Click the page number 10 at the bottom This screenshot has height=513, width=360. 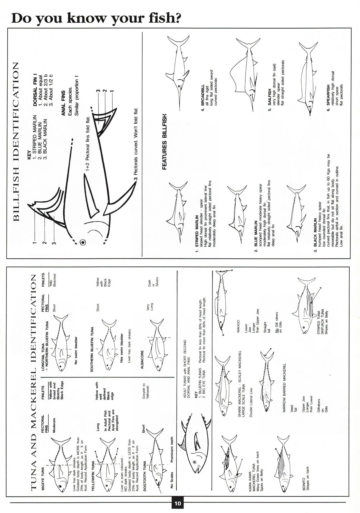177,503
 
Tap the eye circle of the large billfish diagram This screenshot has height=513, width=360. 83,242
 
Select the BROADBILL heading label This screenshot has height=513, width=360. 203,95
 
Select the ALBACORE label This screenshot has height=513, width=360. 142,360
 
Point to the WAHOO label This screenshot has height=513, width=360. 238,326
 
